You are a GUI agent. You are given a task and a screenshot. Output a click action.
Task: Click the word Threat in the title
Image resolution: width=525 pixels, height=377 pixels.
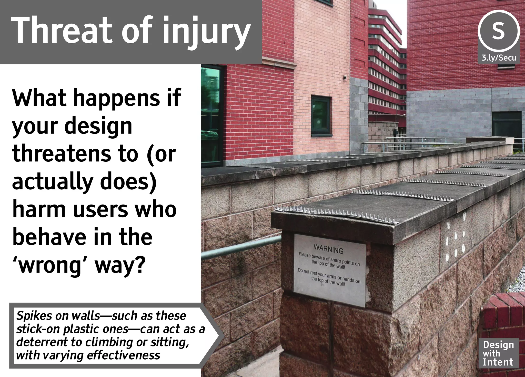coord(62,30)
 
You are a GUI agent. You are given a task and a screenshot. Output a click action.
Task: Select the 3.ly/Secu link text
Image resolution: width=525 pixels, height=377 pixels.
coord(499,58)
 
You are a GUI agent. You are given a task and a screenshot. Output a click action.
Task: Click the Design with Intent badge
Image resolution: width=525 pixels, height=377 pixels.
coord(498,353)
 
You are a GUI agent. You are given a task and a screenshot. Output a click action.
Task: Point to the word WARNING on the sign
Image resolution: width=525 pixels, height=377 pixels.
coord(328,249)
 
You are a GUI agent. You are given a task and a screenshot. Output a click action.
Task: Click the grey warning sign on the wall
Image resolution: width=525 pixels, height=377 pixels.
coord(329,270)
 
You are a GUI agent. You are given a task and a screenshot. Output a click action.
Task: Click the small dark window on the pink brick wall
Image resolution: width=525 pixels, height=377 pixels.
coord(321,116)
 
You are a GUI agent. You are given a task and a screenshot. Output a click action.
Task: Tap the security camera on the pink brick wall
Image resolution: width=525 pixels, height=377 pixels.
coord(345,77)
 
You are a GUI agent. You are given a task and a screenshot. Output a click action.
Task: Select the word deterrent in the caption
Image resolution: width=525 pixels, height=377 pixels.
coord(49,342)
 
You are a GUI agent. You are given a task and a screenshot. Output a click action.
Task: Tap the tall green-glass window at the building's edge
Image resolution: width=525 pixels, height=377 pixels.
coord(211,115)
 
